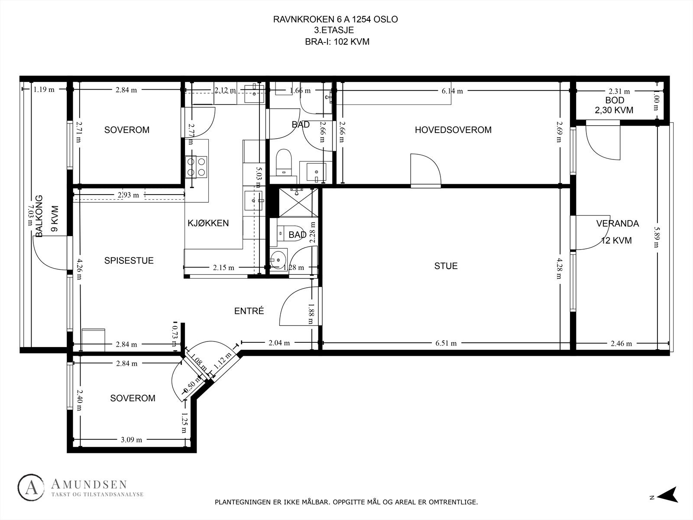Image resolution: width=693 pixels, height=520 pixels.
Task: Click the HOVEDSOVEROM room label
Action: (x=453, y=130)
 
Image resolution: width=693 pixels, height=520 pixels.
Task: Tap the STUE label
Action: (x=446, y=266)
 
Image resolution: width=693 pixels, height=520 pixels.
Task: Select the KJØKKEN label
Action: (x=208, y=224)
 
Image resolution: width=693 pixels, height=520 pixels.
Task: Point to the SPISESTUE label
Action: (x=129, y=261)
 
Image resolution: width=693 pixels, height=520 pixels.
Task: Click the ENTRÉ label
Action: (x=249, y=311)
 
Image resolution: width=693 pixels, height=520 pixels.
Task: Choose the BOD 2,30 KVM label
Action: (x=614, y=105)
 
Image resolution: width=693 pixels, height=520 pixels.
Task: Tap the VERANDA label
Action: (x=617, y=224)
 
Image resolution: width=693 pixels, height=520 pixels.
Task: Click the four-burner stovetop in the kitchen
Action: (x=196, y=167)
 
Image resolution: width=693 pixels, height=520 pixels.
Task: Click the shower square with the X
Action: (x=298, y=202)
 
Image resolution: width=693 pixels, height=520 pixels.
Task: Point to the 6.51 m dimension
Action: (x=446, y=343)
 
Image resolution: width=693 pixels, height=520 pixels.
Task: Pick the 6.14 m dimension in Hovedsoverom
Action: (x=452, y=91)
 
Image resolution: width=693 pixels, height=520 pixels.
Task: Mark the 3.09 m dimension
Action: (x=132, y=440)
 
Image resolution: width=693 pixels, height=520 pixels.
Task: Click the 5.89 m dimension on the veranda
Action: (x=657, y=237)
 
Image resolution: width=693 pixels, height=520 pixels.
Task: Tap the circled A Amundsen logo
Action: (x=31, y=488)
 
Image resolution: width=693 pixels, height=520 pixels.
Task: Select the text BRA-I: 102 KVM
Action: (x=337, y=42)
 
